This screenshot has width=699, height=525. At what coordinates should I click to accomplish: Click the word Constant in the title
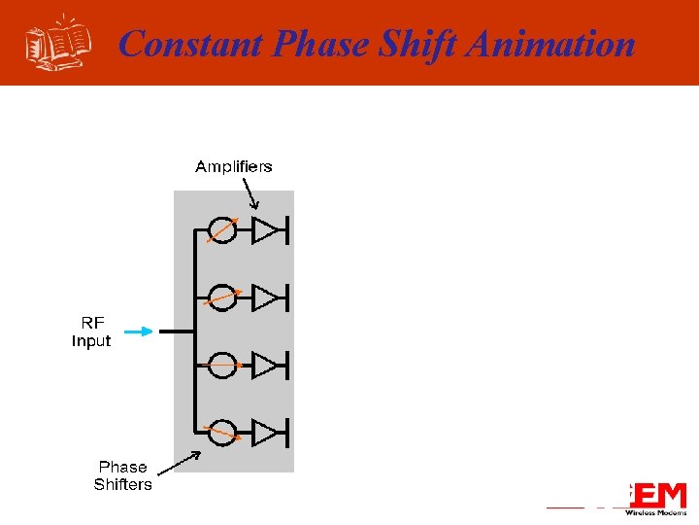190,45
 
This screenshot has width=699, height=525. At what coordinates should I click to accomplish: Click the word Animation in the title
550,45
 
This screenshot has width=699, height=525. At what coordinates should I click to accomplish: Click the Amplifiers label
234,166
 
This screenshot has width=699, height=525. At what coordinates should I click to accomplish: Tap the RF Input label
91,332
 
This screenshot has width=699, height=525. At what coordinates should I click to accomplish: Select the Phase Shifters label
123,475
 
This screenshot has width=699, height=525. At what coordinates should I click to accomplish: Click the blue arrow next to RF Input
139,332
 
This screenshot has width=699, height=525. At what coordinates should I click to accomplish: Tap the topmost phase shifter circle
222,230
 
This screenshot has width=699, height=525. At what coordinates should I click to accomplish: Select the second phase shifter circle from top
222,297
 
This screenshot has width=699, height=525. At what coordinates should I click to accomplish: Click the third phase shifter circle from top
222,365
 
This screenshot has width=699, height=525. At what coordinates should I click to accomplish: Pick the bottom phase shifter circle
222,432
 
